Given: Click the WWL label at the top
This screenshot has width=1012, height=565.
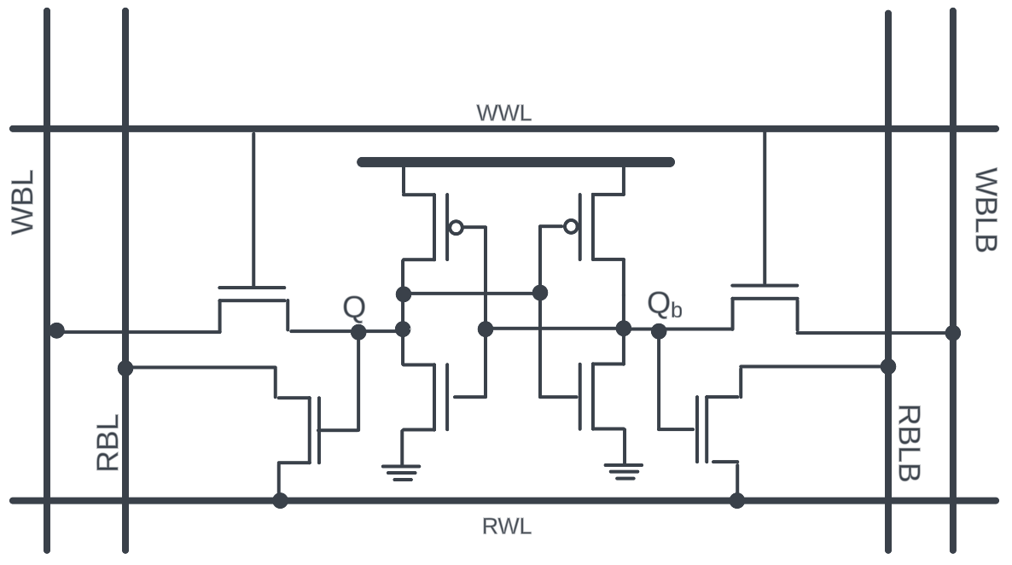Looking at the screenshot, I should tap(503, 113).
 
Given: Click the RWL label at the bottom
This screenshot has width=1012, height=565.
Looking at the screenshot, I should tap(507, 527).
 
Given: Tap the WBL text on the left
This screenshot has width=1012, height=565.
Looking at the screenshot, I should tap(23, 202).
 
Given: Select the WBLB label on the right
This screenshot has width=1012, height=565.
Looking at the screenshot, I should tap(986, 210).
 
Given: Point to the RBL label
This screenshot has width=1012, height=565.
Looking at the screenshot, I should tap(108, 442).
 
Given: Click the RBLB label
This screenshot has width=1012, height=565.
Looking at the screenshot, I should tap(909, 443).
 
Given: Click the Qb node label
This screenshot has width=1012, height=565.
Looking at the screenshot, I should tap(664, 305).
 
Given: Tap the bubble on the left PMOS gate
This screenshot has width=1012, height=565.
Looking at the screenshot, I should tap(457, 227).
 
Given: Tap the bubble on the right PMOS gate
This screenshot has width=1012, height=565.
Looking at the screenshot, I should tap(571, 226).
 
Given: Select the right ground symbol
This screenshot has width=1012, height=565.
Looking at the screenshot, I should tap(623, 471).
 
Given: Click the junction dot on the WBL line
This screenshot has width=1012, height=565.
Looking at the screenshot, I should tap(56, 330).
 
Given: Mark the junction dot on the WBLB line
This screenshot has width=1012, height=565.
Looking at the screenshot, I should tap(953, 332).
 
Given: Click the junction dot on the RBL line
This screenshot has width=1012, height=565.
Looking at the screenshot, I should tap(125, 368).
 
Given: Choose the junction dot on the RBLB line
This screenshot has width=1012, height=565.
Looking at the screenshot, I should tap(888, 366).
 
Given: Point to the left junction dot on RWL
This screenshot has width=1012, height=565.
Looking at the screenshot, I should tap(280, 500).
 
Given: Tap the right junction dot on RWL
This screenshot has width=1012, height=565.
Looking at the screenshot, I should tap(737, 500).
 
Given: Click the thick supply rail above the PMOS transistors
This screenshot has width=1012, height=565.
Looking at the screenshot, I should tap(515, 162).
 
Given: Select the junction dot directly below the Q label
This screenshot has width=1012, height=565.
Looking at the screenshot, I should tap(358, 331).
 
